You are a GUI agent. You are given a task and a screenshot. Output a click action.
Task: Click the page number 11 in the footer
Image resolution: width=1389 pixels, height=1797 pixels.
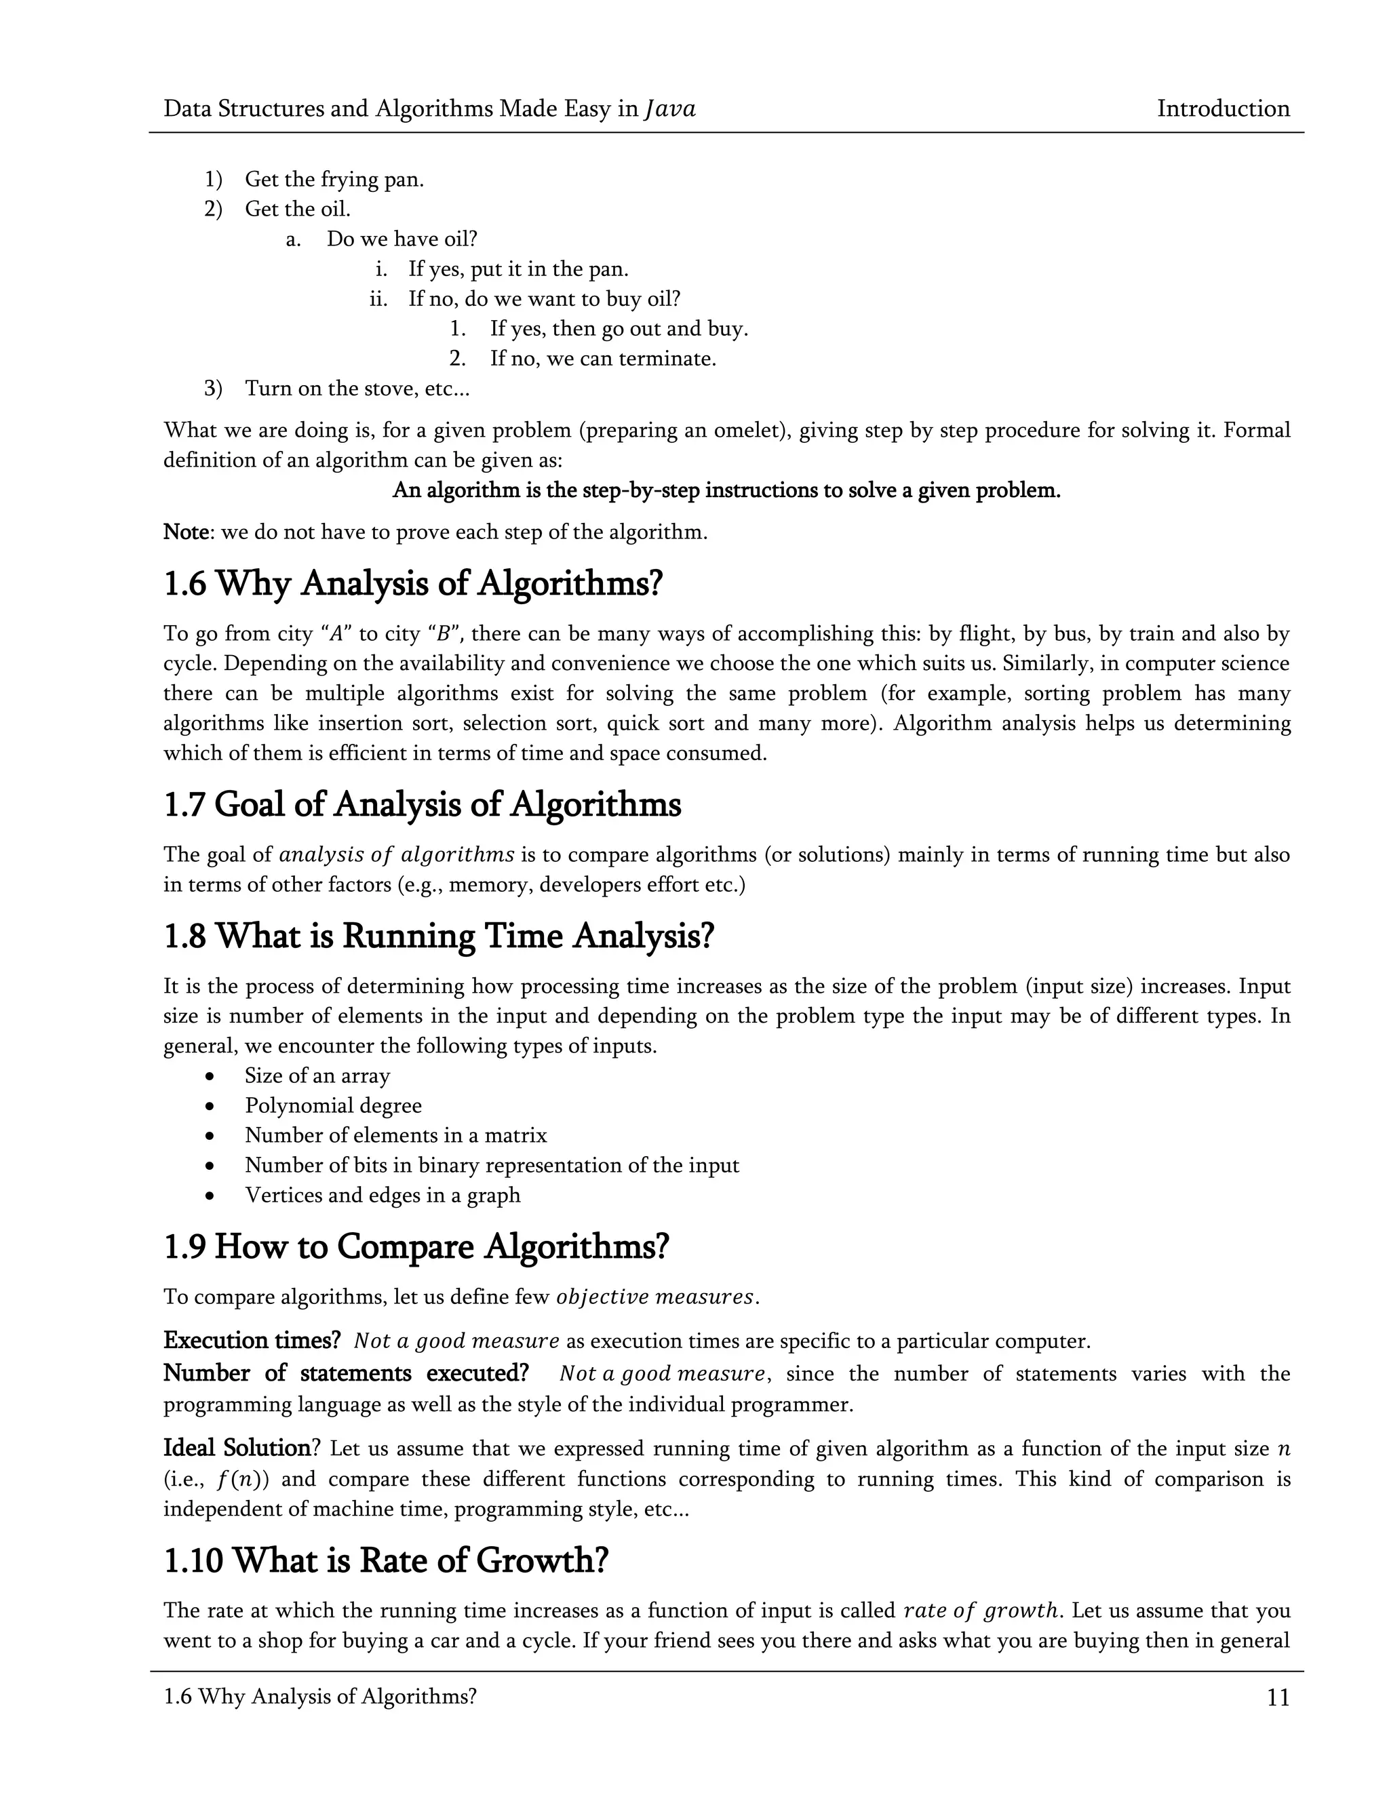pyautogui.click(x=1278, y=1697)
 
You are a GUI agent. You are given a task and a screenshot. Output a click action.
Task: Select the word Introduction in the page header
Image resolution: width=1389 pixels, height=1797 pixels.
pyautogui.click(x=1223, y=108)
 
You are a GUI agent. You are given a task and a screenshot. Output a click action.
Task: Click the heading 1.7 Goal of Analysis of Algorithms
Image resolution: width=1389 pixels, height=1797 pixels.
pyautogui.click(x=422, y=805)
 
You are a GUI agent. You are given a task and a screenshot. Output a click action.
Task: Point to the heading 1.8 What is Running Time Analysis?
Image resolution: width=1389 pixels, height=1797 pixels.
pyautogui.click(x=439, y=936)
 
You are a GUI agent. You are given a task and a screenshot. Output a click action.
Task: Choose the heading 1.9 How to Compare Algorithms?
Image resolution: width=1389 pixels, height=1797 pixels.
pyautogui.click(x=416, y=1246)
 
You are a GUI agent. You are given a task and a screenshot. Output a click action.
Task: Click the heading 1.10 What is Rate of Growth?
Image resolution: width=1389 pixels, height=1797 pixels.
pyautogui.click(x=386, y=1560)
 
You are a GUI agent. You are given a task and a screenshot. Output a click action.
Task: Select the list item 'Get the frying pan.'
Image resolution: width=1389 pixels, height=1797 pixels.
pyautogui.click(x=334, y=180)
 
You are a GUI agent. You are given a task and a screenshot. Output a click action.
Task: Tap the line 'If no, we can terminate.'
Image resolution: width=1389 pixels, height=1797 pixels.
pyautogui.click(x=602, y=359)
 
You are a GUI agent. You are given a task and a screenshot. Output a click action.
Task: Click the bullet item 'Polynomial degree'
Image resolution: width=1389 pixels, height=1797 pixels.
pyautogui.click(x=333, y=1106)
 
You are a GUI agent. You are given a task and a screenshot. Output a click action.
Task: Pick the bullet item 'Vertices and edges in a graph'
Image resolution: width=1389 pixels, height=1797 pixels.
pyautogui.click(x=383, y=1195)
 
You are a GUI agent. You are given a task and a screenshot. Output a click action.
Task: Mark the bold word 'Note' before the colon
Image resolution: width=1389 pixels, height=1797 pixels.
pyautogui.click(x=186, y=532)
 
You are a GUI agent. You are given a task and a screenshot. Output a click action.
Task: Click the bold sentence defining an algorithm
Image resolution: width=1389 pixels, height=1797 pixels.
pyautogui.click(x=726, y=490)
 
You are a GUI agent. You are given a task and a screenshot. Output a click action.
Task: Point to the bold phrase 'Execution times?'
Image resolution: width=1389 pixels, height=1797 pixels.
pyautogui.click(x=252, y=1341)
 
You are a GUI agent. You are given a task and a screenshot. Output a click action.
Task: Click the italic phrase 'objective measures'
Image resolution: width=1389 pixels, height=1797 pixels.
pyautogui.click(x=655, y=1297)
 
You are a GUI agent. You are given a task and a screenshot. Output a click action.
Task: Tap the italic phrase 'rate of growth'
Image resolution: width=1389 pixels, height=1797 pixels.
pyautogui.click(x=979, y=1611)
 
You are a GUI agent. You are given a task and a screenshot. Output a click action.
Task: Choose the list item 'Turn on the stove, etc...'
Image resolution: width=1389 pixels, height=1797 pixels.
pyautogui.click(x=357, y=389)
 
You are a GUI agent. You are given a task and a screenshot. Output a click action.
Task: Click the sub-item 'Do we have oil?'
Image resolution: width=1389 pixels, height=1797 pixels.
pyautogui.click(x=402, y=239)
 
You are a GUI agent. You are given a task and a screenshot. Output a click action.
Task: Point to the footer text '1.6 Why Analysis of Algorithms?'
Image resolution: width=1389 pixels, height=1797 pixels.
pyautogui.click(x=320, y=1696)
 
